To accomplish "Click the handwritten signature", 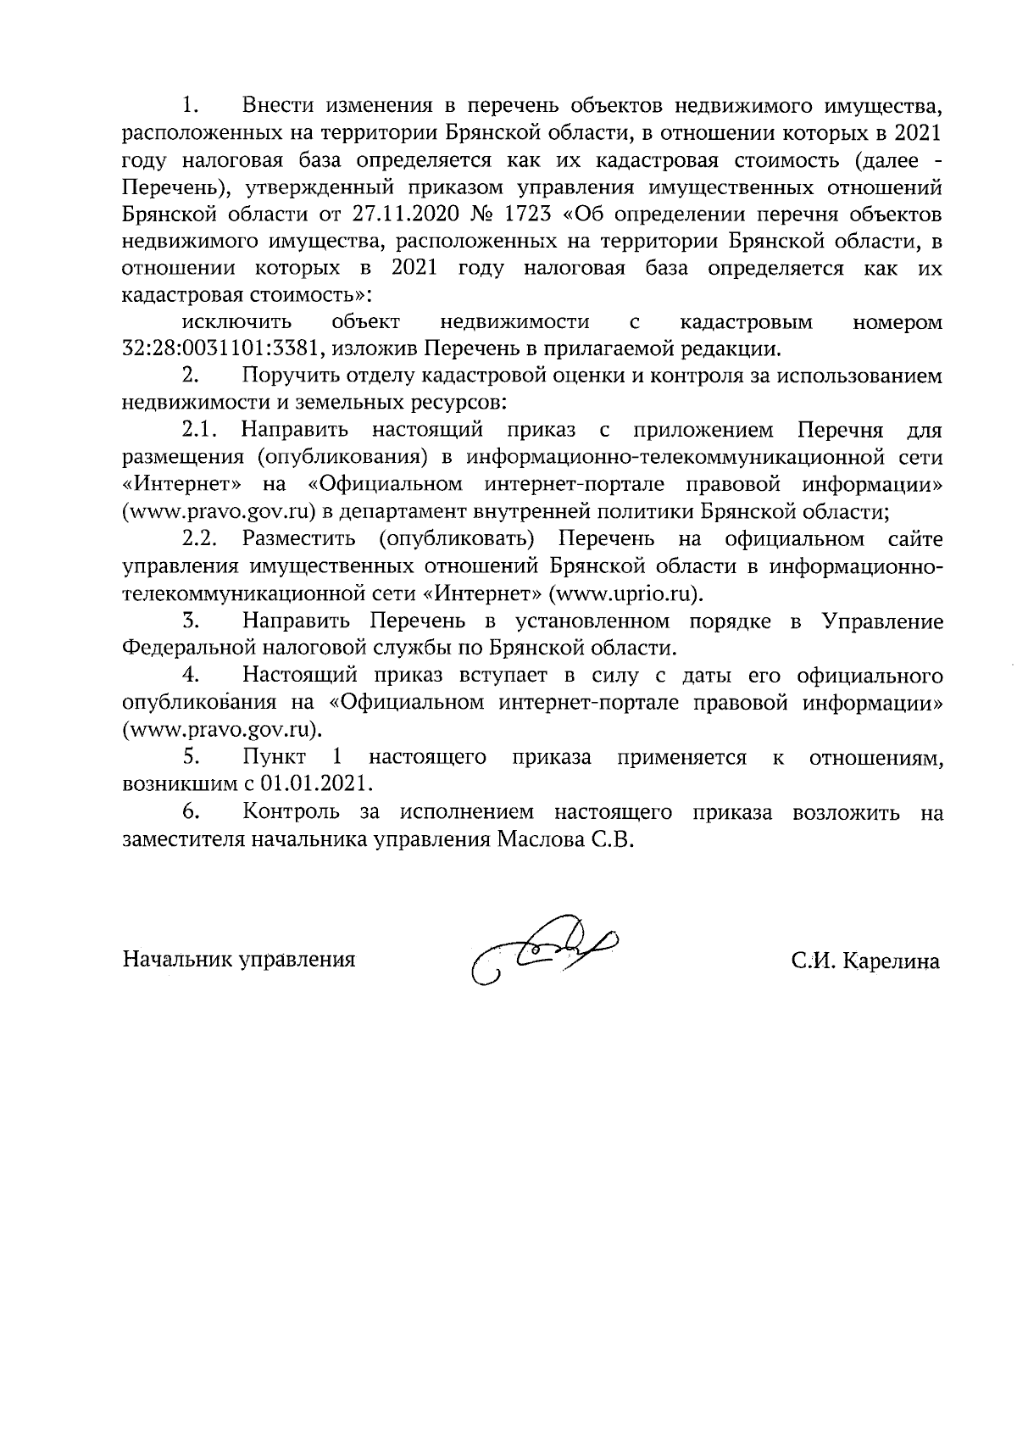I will pyautogui.click(x=542, y=955).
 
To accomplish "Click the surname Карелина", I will pyautogui.click(x=890, y=961).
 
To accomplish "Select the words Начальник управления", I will pyautogui.click(x=239, y=961).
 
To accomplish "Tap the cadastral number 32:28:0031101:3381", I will pyautogui.click(x=221, y=348).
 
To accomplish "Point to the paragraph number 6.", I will pyautogui.click(x=191, y=812).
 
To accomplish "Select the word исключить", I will pyautogui.click(x=236, y=322).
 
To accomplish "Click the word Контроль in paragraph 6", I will pyautogui.click(x=292, y=812).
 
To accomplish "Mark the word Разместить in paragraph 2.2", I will pyautogui.click(x=297, y=539).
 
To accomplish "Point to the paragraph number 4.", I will pyautogui.click(x=191, y=676).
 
